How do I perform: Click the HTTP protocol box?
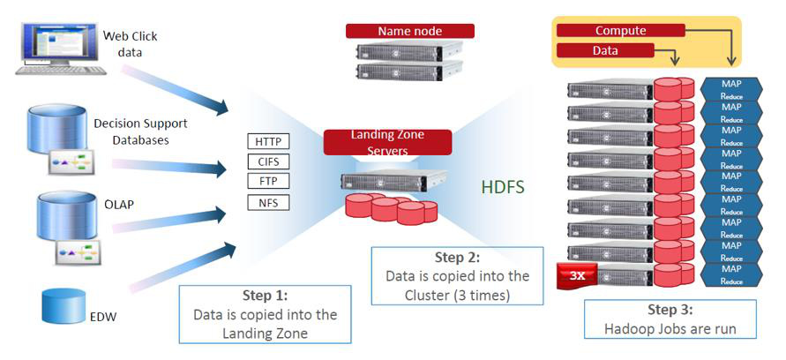pyautogui.click(x=268, y=141)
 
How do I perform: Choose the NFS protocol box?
pyautogui.click(x=268, y=203)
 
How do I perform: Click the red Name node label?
pyautogui.click(x=409, y=31)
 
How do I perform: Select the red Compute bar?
pyautogui.click(x=621, y=31)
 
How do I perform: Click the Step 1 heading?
pyautogui.click(x=265, y=296)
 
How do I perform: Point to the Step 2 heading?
pyautogui.click(x=457, y=258)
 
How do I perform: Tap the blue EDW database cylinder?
pyautogui.click(x=63, y=305)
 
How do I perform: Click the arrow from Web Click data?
pyautogui.click(x=176, y=88)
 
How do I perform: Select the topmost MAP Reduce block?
pyautogui.click(x=731, y=88)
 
